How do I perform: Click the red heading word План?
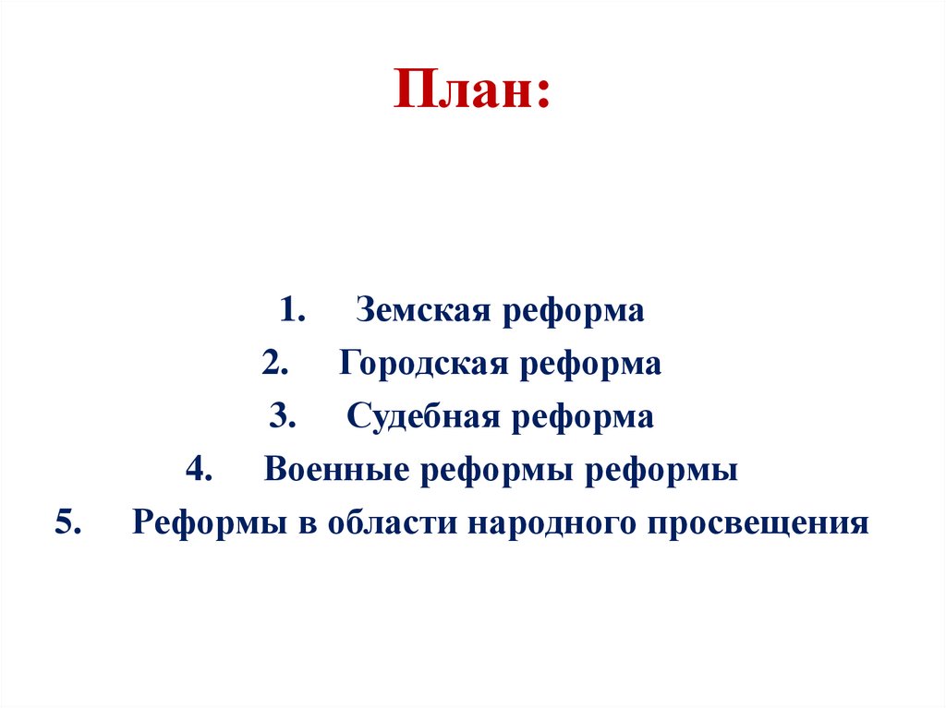[470, 90]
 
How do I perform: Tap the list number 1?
[293, 311]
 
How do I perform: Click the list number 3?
[283, 417]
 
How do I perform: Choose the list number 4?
[200, 471]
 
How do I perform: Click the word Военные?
[337, 471]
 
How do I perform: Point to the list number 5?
[68, 523]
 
